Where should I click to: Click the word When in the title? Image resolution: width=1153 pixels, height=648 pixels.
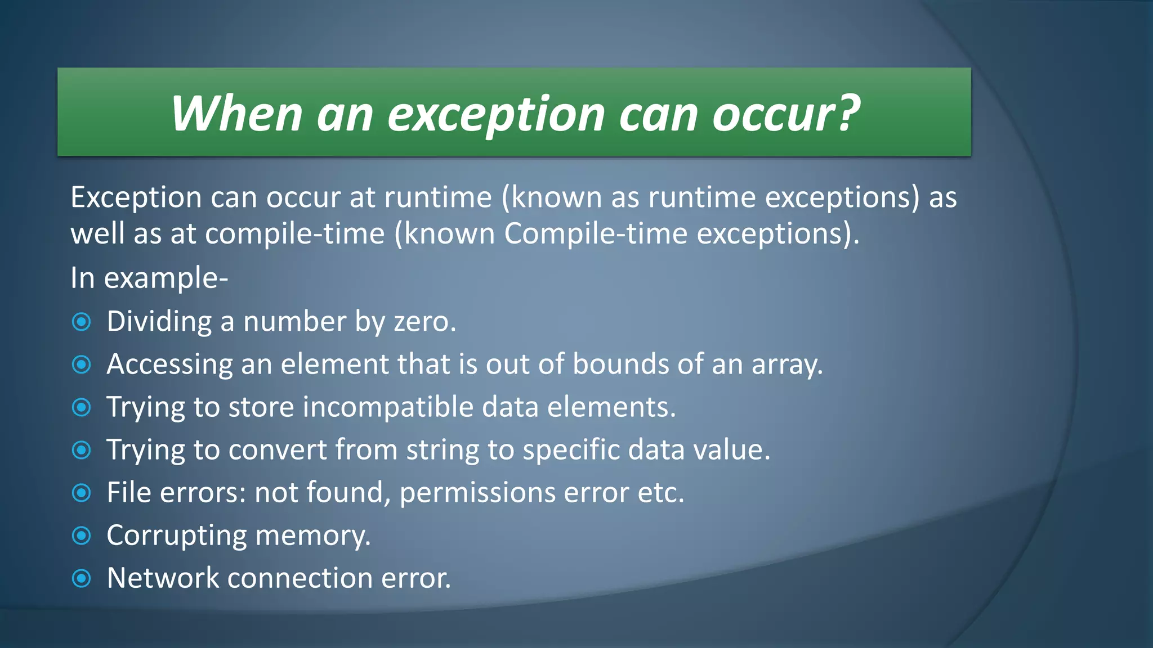point(236,114)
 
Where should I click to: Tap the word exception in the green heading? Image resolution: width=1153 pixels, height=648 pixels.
point(496,115)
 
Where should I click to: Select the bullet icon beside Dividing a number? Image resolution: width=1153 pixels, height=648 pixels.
point(82,322)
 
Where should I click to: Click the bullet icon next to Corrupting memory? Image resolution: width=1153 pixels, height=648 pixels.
point(82,535)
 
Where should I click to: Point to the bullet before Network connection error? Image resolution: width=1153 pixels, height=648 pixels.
point(82,578)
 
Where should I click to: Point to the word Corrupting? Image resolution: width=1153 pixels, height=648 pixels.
point(176,535)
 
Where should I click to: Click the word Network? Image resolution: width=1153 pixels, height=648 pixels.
point(163,578)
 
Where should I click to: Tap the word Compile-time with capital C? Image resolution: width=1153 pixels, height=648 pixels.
point(595,233)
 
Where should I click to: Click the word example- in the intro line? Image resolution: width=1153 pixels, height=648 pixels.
point(166,278)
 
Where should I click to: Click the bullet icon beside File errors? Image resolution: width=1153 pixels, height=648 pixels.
point(82,493)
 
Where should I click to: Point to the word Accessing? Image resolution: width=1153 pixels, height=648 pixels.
point(169,364)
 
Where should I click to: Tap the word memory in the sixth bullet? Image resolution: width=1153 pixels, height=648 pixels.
point(312,535)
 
